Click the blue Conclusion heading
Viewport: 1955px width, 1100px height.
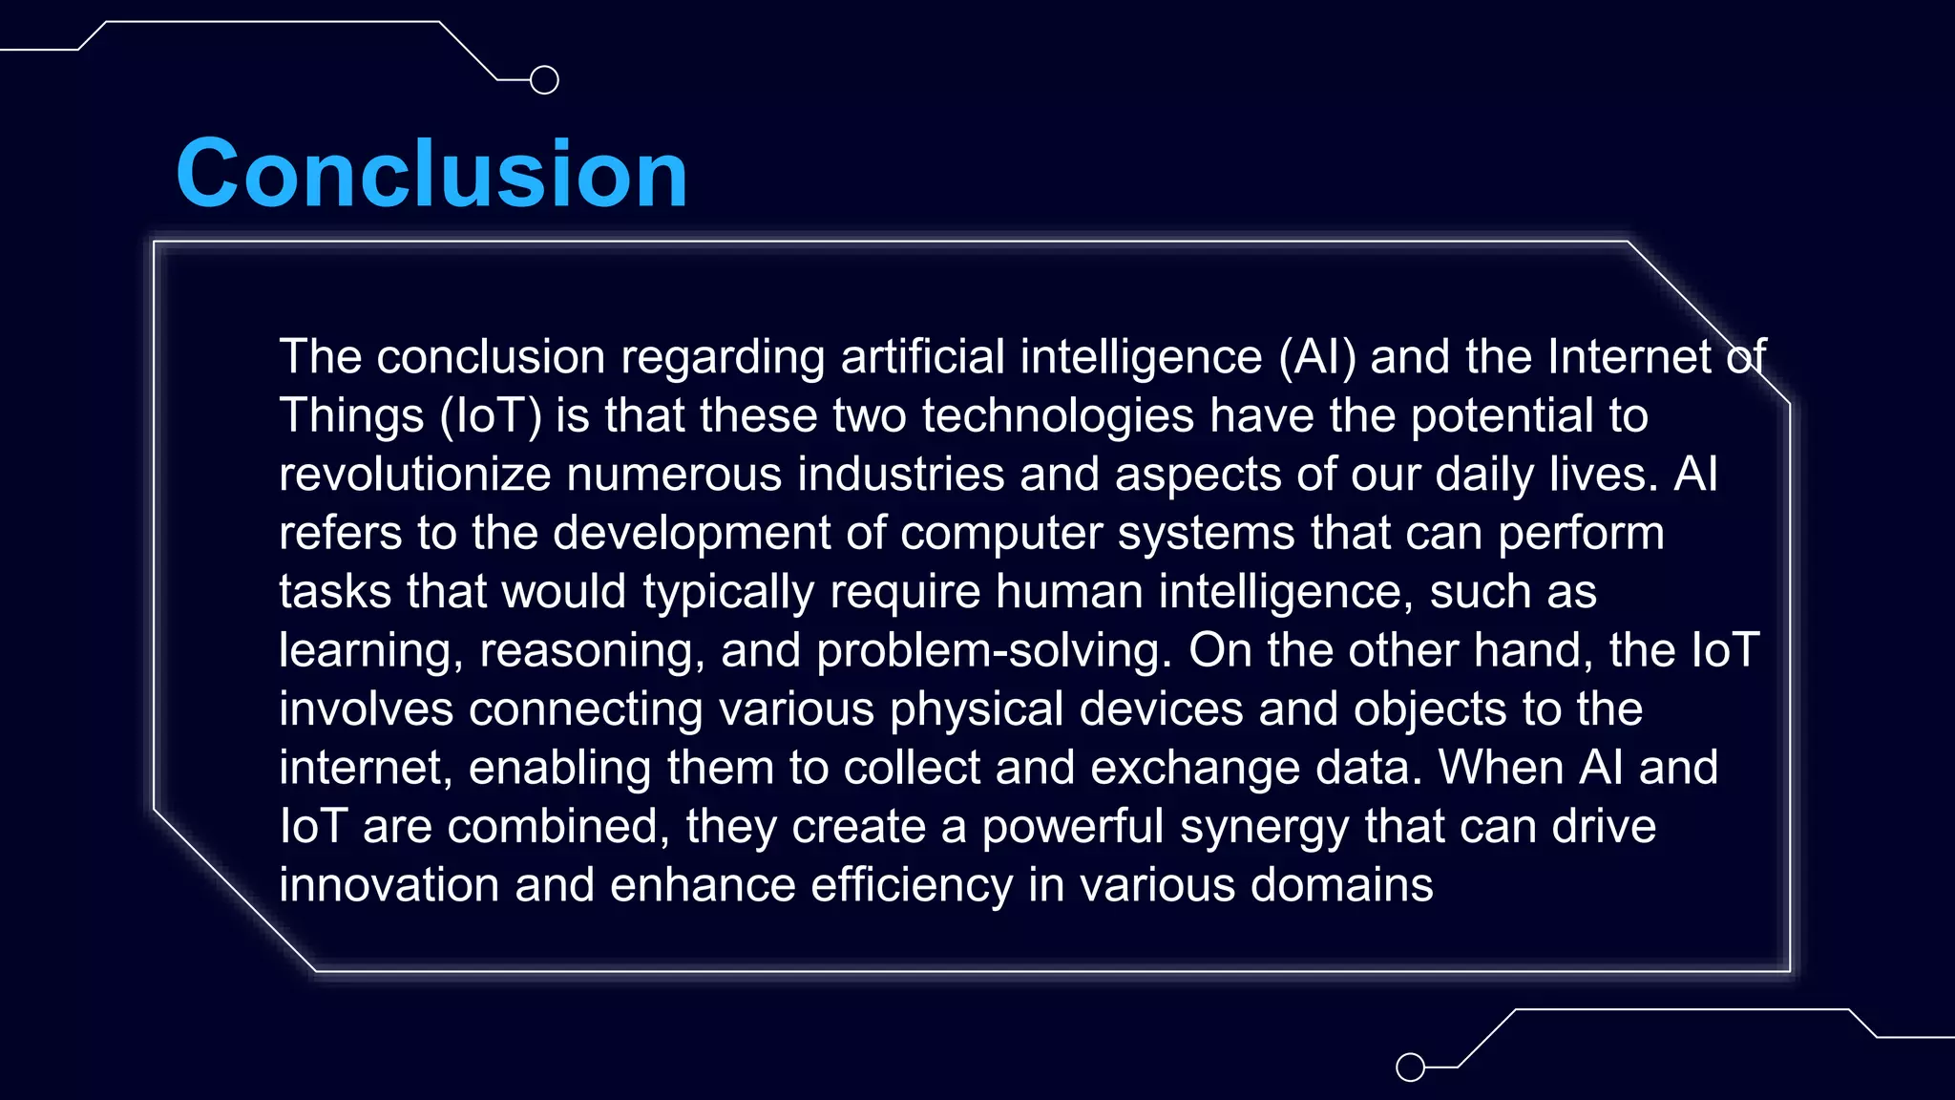click(x=431, y=174)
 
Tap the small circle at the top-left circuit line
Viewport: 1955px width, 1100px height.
click(x=544, y=80)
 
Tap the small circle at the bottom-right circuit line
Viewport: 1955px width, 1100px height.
click(x=1410, y=1067)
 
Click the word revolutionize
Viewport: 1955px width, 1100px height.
click(x=415, y=475)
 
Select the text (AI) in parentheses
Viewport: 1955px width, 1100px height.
click(x=1317, y=357)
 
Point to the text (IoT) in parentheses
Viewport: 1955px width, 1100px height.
click(x=491, y=416)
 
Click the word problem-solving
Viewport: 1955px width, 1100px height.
click(x=994, y=651)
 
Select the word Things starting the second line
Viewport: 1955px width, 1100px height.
click(x=351, y=416)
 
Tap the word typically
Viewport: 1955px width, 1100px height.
click(x=728, y=592)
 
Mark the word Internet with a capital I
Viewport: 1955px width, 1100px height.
click(x=1629, y=357)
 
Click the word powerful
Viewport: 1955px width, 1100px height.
click(x=1073, y=827)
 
